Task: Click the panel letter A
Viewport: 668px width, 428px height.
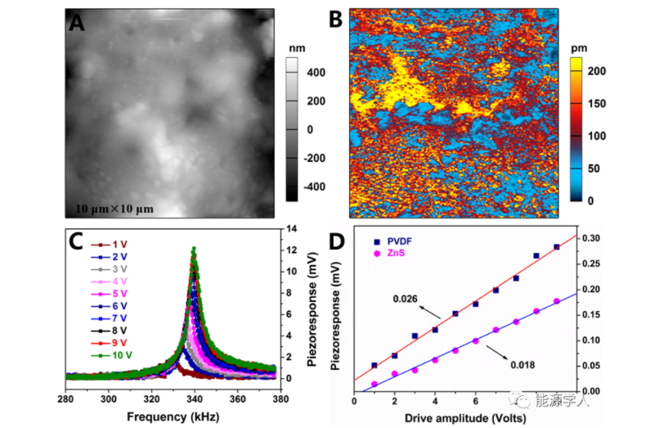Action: pos(77,23)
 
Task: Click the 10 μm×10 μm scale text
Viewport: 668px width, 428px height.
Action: pos(110,209)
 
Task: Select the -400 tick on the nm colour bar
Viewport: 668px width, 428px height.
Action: pos(315,186)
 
